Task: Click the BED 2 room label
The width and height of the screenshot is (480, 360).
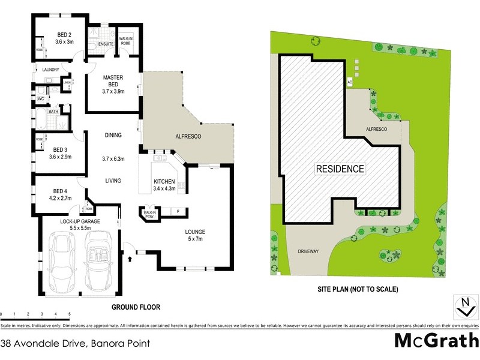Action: click(64, 35)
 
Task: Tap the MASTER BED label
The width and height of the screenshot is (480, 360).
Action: click(113, 77)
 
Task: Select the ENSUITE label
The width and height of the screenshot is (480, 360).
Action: click(106, 44)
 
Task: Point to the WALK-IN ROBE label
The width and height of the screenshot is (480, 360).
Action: click(126, 40)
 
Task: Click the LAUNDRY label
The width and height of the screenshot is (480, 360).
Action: click(51, 70)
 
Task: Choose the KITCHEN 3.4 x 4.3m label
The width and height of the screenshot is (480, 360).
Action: click(163, 184)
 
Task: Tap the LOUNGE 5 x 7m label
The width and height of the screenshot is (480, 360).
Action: click(196, 235)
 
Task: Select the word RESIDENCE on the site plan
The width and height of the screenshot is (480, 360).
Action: click(340, 169)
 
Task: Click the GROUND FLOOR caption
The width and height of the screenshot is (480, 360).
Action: click(136, 307)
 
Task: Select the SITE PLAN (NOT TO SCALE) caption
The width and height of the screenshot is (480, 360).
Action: click(358, 289)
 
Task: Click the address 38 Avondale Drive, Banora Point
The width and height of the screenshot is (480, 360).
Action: click(75, 344)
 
